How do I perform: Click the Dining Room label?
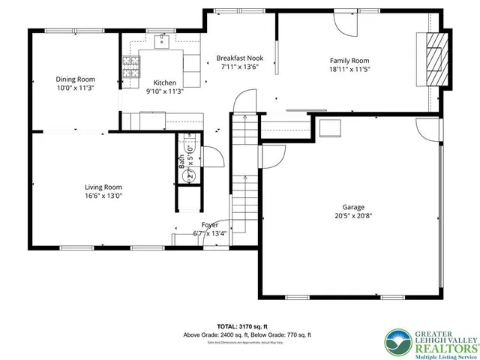75,78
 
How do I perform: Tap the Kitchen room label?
165,82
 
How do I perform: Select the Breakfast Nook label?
239,58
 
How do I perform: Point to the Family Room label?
349,61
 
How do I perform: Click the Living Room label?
103,187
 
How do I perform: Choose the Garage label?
353,207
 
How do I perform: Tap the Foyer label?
210,224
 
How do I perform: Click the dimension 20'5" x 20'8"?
353,216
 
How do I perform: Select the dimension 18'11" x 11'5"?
349,70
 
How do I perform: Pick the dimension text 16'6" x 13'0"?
103,196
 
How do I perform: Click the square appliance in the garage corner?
328,128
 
